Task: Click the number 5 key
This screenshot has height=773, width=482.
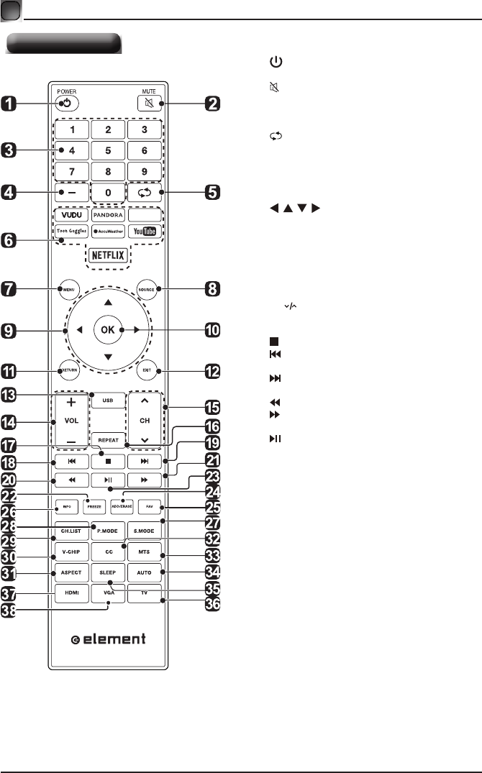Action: click(x=108, y=151)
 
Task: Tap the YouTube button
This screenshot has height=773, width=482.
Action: click(x=144, y=232)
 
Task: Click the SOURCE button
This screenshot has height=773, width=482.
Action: click(x=147, y=290)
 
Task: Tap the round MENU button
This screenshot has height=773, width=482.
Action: click(x=69, y=290)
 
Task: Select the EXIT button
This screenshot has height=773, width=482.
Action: click(x=147, y=370)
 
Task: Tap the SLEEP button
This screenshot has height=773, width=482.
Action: click(x=108, y=573)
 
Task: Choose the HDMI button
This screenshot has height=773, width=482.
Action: click(x=70, y=593)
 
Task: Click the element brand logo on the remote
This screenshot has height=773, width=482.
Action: click(x=109, y=638)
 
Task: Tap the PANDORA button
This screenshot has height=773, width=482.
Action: click(x=108, y=214)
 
